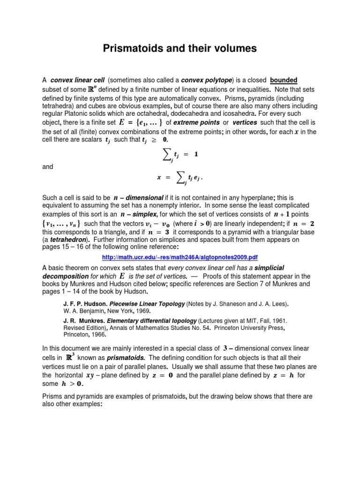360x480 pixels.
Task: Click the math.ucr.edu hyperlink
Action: pos(180,257)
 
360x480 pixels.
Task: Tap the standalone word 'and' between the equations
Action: pos(48,166)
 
